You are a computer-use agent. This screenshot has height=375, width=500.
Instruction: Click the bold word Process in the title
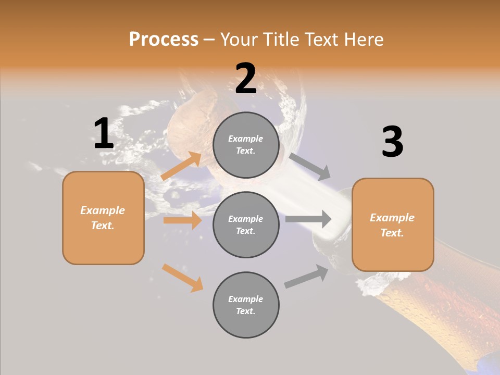[164, 40]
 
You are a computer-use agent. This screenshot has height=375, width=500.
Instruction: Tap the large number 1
[104, 134]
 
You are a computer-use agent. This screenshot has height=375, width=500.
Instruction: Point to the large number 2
[246, 79]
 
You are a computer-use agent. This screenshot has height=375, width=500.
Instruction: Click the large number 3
[392, 142]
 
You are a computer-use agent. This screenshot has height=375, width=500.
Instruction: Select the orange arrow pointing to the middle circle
[182, 220]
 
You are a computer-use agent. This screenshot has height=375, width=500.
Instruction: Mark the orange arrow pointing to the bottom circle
[182, 278]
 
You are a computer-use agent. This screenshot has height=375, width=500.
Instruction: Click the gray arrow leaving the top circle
[310, 167]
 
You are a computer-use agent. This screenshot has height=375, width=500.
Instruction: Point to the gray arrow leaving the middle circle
[308, 219]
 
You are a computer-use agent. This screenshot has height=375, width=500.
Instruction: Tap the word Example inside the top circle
[246, 139]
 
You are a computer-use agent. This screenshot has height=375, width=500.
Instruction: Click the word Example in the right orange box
[392, 218]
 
